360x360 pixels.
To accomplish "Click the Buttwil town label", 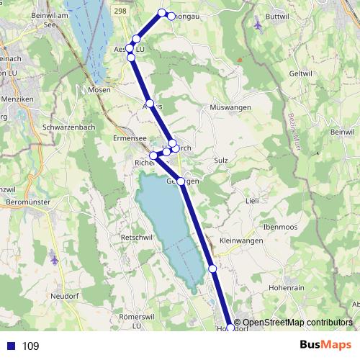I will (277, 14).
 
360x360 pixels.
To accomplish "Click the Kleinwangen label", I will (238, 240).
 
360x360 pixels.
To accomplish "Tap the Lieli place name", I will (251, 201).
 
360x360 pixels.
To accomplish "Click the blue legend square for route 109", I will (9, 346).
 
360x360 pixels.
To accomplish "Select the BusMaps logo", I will (325, 345).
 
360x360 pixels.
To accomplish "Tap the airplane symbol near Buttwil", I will (258, 24).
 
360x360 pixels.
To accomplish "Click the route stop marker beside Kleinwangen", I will (212, 269).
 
